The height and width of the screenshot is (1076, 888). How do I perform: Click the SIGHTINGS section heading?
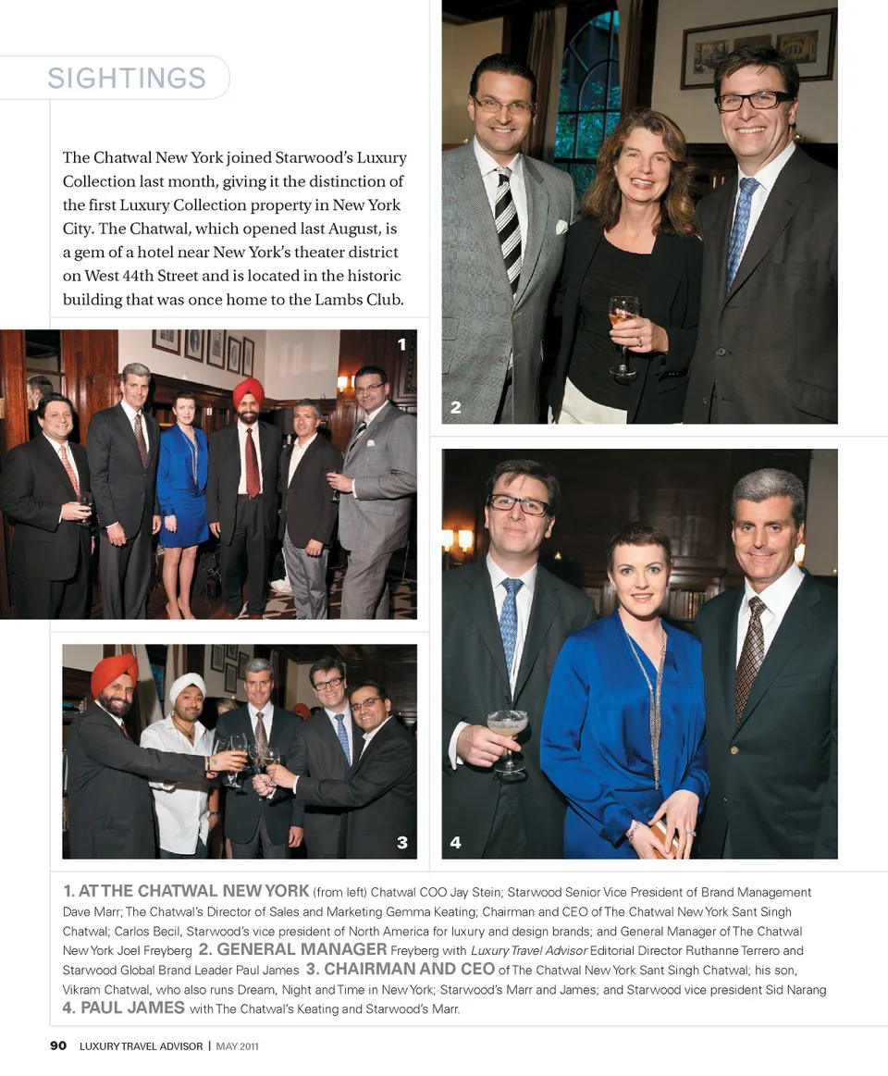point(127,79)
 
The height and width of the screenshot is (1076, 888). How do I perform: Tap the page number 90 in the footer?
point(58,1045)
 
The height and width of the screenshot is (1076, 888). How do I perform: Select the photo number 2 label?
point(455,407)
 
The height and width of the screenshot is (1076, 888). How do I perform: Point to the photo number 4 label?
point(455,842)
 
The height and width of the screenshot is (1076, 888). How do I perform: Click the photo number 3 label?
point(401,842)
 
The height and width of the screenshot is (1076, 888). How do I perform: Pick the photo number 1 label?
point(401,345)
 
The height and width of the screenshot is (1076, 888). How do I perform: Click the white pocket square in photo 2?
point(561,226)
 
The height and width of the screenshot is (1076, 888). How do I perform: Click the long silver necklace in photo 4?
point(655,703)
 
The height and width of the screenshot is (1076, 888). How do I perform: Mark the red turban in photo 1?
point(248,390)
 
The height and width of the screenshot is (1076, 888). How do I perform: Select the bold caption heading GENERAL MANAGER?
point(302,949)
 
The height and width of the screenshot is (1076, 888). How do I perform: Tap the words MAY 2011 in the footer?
point(237,1046)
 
